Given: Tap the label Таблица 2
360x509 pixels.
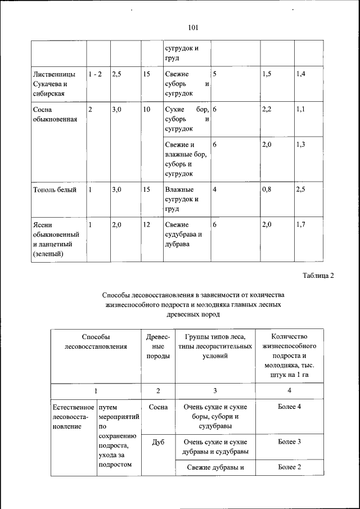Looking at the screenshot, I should point(318,275).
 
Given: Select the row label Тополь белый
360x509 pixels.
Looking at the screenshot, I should point(55,190).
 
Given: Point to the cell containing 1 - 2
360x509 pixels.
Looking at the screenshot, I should point(95,74).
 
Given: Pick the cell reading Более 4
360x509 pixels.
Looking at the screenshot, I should point(289,407).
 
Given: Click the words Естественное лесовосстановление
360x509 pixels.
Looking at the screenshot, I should point(72,416).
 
